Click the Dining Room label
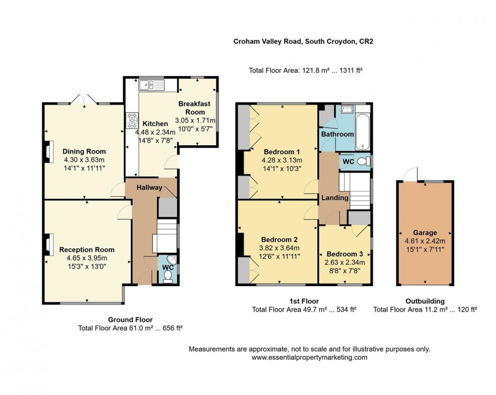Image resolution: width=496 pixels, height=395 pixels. (x=84, y=151)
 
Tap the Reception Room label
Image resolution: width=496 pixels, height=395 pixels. (x=87, y=250)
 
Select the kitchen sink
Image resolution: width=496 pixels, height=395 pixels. (x=150, y=85)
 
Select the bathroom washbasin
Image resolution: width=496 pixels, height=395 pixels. (x=347, y=109)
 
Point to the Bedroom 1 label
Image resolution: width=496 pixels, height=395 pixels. (x=281, y=151)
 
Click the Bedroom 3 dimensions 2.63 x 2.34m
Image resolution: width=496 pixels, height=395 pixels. (x=345, y=263)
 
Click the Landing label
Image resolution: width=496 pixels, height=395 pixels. (x=335, y=198)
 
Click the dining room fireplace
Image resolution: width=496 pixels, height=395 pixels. (x=48, y=151)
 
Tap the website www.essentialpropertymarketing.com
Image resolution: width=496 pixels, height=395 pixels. (x=309, y=358)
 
